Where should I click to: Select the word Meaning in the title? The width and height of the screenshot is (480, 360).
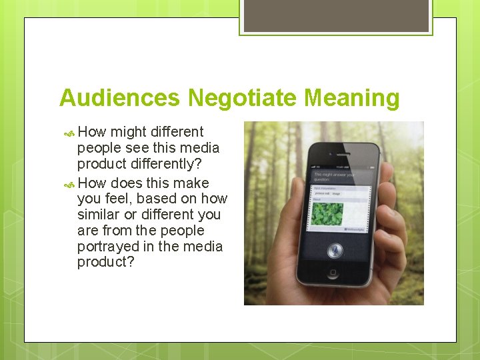click(x=352, y=98)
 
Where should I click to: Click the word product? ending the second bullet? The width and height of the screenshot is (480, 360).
click(x=106, y=263)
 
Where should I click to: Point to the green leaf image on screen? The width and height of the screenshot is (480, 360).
click(x=328, y=214)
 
